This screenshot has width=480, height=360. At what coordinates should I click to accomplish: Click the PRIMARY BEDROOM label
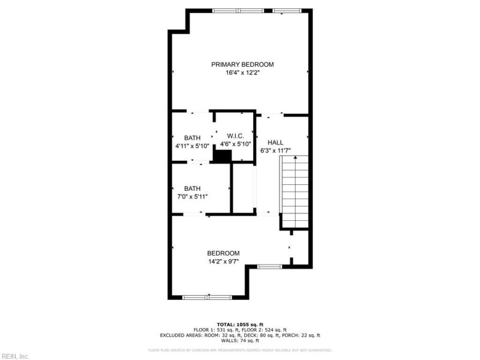(x=242, y=64)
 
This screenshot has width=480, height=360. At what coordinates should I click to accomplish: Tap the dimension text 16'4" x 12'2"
(x=242, y=73)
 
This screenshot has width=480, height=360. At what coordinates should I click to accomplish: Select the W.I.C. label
(x=235, y=136)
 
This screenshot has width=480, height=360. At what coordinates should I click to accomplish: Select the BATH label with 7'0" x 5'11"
(x=192, y=188)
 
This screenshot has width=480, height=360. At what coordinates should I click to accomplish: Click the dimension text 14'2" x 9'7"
(x=223, y=261)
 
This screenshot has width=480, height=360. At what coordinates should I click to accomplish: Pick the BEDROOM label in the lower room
(x=223, y=253)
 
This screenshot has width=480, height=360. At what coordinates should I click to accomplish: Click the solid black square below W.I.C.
(x=223, y=156)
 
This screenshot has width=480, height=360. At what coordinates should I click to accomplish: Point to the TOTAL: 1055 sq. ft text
(x=239, y=324)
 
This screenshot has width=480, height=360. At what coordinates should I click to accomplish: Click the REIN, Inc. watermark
(x=16, y=356)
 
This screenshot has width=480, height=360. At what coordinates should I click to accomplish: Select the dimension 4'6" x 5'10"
(x=235, y=144)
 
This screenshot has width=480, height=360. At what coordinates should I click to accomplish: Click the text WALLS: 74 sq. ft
(x=239, y=340)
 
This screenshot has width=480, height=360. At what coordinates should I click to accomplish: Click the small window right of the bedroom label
(x=269, y=266)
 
